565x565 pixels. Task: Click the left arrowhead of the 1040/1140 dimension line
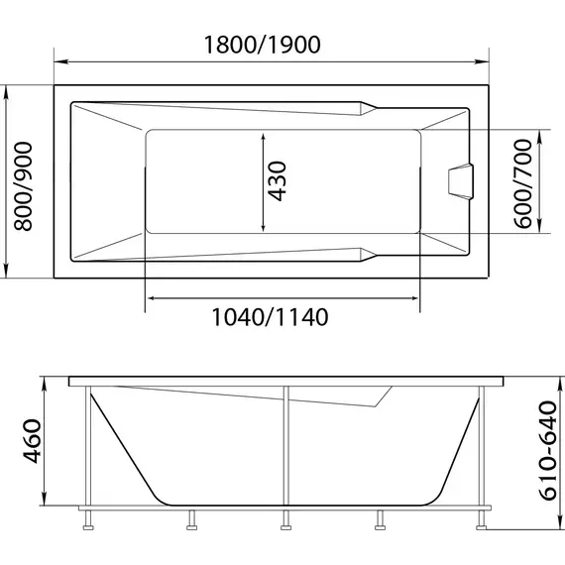click(x=151, y=295)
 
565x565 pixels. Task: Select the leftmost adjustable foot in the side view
click(x=89, y=517)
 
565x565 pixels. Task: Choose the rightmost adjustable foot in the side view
click(x=483, y=517)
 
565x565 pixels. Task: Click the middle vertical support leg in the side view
click(x=285, y=446)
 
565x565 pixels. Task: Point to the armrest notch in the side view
click(x=380, y=398)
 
